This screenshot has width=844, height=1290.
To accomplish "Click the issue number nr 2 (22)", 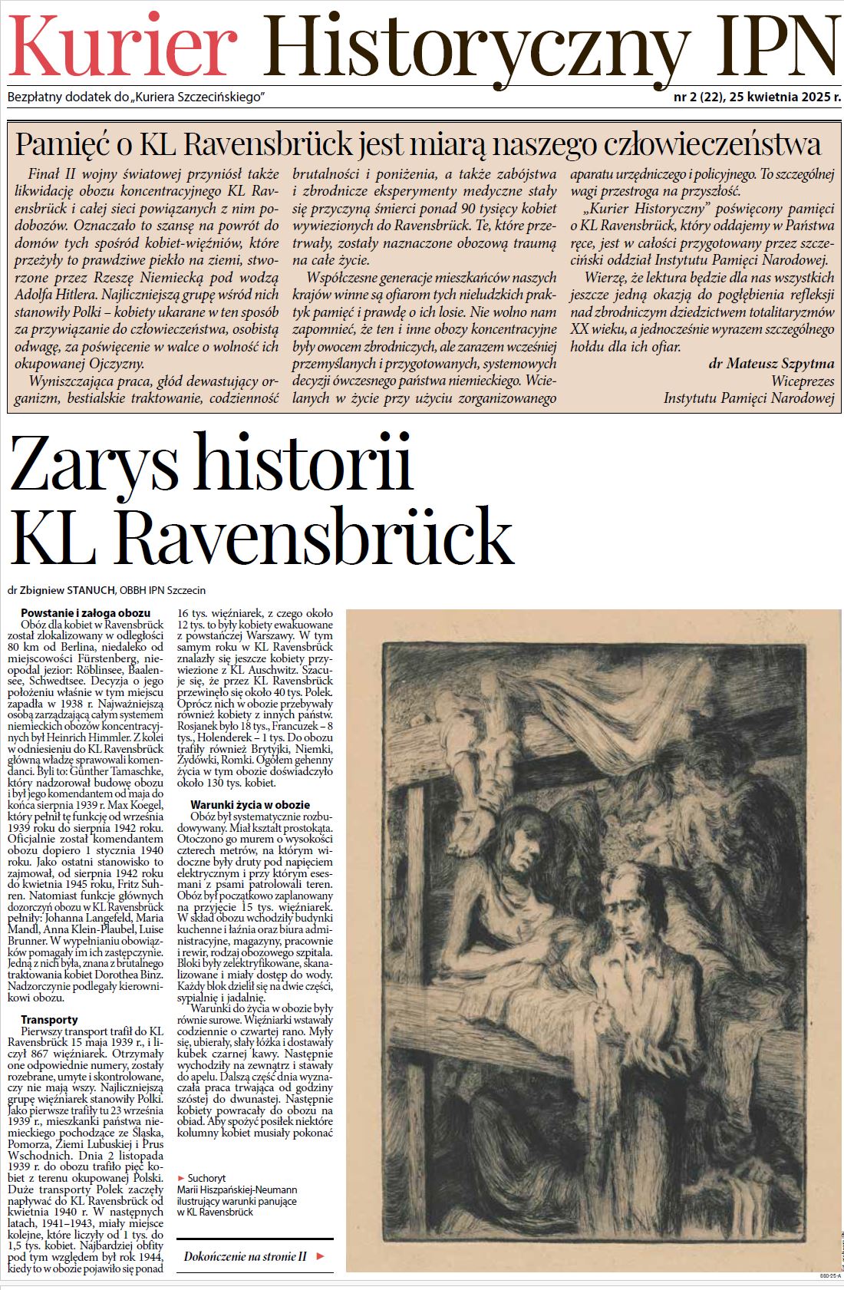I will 697,98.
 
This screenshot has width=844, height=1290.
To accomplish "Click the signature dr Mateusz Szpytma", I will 771,363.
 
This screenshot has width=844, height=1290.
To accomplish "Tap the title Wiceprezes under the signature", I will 803,380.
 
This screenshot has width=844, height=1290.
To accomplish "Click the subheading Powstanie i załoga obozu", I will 85,613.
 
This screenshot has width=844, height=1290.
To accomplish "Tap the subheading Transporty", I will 49,1020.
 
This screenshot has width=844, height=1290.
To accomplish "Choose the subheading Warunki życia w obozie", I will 250,805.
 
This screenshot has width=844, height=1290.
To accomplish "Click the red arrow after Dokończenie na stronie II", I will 321,1256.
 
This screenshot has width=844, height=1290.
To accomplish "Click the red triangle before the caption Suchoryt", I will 180,1177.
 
